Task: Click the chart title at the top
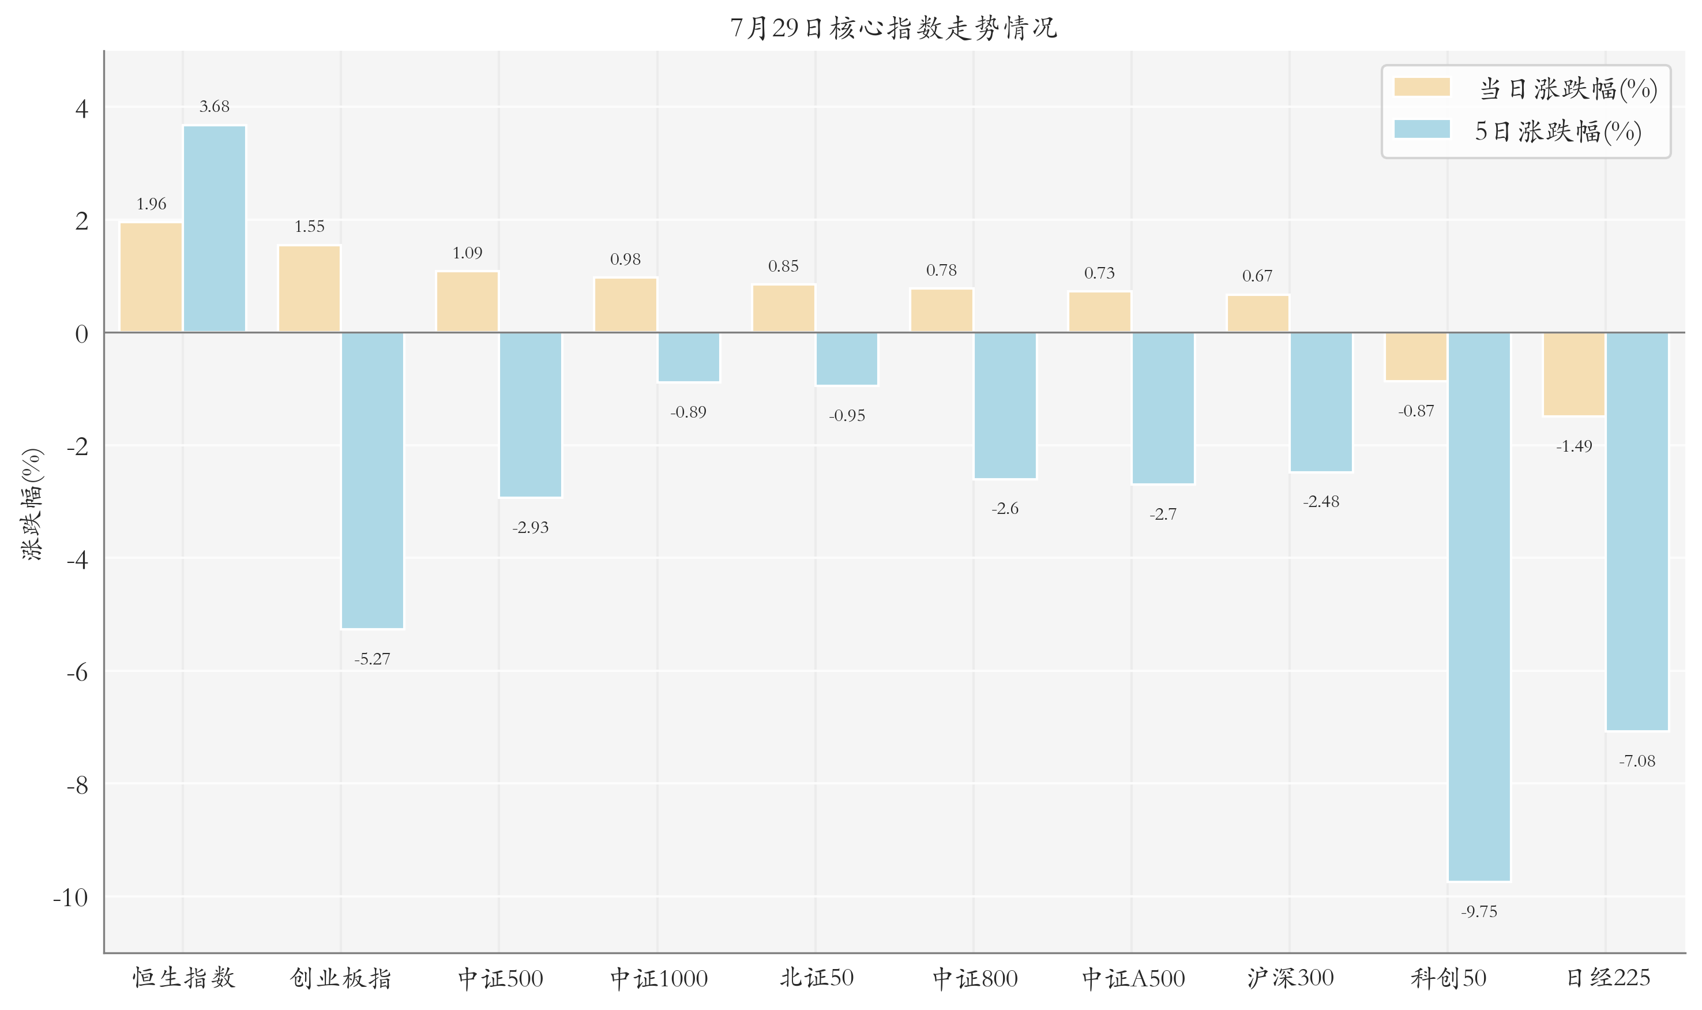pos(893,28)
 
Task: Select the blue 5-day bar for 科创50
pos(1479,606)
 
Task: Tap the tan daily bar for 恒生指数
pos(151,277)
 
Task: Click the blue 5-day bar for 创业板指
pos(372,480)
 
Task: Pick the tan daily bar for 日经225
pos(1574,374)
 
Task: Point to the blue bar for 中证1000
pos(689,357)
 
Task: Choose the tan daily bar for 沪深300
pos(1258,314)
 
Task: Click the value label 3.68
pos(215,106)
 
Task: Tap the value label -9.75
pos(1479,911)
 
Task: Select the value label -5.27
pos(372,659)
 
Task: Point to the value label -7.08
pos(1637,761)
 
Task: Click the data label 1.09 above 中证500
pos(468,253)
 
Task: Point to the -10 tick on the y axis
pos(71,897)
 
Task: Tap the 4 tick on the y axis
pos(82,108)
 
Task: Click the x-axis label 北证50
pos(816,978)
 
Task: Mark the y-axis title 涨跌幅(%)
pos(32,504)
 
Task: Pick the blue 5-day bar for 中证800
pos(1005,405)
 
